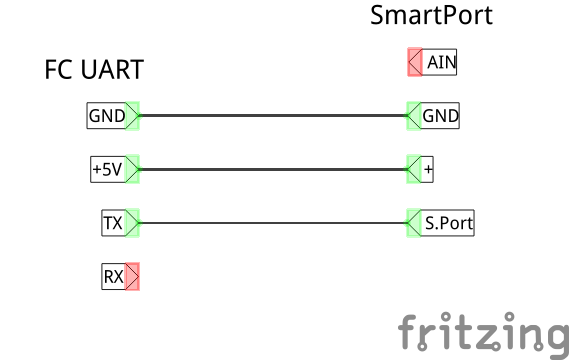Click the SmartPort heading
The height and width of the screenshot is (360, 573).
[x=431, y=16]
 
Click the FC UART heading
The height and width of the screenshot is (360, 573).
[x=94, y=69]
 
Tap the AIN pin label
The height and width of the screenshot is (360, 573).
[x=441, y=63]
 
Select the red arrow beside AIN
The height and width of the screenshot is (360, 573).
[x=415, y=63]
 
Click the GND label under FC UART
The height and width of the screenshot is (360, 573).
[x=107, y=116]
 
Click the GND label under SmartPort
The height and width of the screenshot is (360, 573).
[x=440, y=116]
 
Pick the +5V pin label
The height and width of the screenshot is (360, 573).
[x=107, y=169]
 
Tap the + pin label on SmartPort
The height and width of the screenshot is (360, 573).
[x=428, y=169]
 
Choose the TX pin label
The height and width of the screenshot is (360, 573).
[x=113, y=223]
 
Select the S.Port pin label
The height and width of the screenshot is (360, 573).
[x=448, y=223]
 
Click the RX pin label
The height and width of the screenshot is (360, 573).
[x=113, y=276]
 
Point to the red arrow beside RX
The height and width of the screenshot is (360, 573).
[x=133, y=276]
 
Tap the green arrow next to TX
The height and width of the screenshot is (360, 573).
[x=133, y=223]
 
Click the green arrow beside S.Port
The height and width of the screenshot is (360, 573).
[x=414, y=223]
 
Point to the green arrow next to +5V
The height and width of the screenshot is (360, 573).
[x=133, y=169]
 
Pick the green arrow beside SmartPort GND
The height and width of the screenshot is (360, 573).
[x=414, y=116]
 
